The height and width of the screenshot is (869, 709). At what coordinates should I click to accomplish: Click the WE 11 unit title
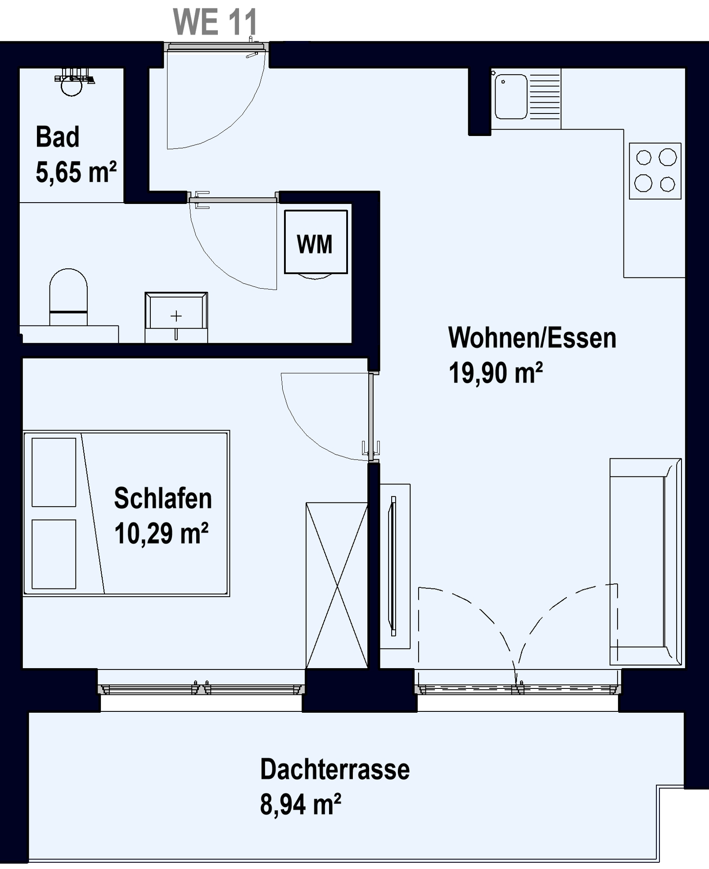pyautogui.click(x=215, y=22)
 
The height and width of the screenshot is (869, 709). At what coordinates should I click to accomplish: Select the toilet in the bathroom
pyautogui.click(x=68, y=297)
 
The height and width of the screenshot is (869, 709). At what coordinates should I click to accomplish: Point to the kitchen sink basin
pyautogui.click(x=511, y=96)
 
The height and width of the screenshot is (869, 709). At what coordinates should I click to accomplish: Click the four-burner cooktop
pyautogui.click(x=655, y=171)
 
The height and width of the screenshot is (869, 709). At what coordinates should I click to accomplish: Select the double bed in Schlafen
pyautogui.click(x=126, y=513)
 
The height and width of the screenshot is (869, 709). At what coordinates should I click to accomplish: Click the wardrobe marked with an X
pyautogui.click(x=337, y=585)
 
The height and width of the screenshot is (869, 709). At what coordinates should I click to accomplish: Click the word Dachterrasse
pyautogui.click(x=335, y=769)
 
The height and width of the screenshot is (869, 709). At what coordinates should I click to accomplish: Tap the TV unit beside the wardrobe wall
pyautogui.click(x=395, y=566)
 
